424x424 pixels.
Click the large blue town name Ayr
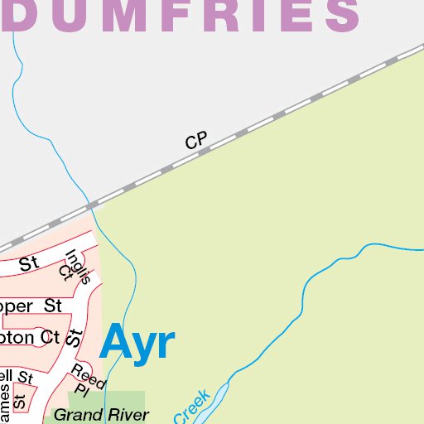pos(137,343)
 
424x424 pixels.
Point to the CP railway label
pos(195,142)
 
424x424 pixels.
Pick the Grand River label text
pos(101,415)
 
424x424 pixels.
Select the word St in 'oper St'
pos(53,306)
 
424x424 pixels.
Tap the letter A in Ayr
pos(116,343)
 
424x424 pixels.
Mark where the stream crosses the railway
pos(90,204)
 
